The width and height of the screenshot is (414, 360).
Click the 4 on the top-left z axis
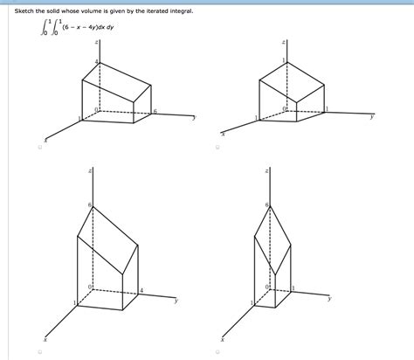pyautogui.click(x=95, y=61)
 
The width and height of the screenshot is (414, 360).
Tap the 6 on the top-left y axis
pyautogui.click(x=155, y=111)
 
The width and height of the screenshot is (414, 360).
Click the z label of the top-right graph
pyautogui.click(x=281, y=41)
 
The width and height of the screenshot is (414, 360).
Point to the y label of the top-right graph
pyautogui.click(x=371, y=116)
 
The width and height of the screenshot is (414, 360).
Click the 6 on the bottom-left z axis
pyautogui.click(x=89, y=204)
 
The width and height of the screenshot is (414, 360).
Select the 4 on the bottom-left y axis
pyautogui.click(x=142, y=288)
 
